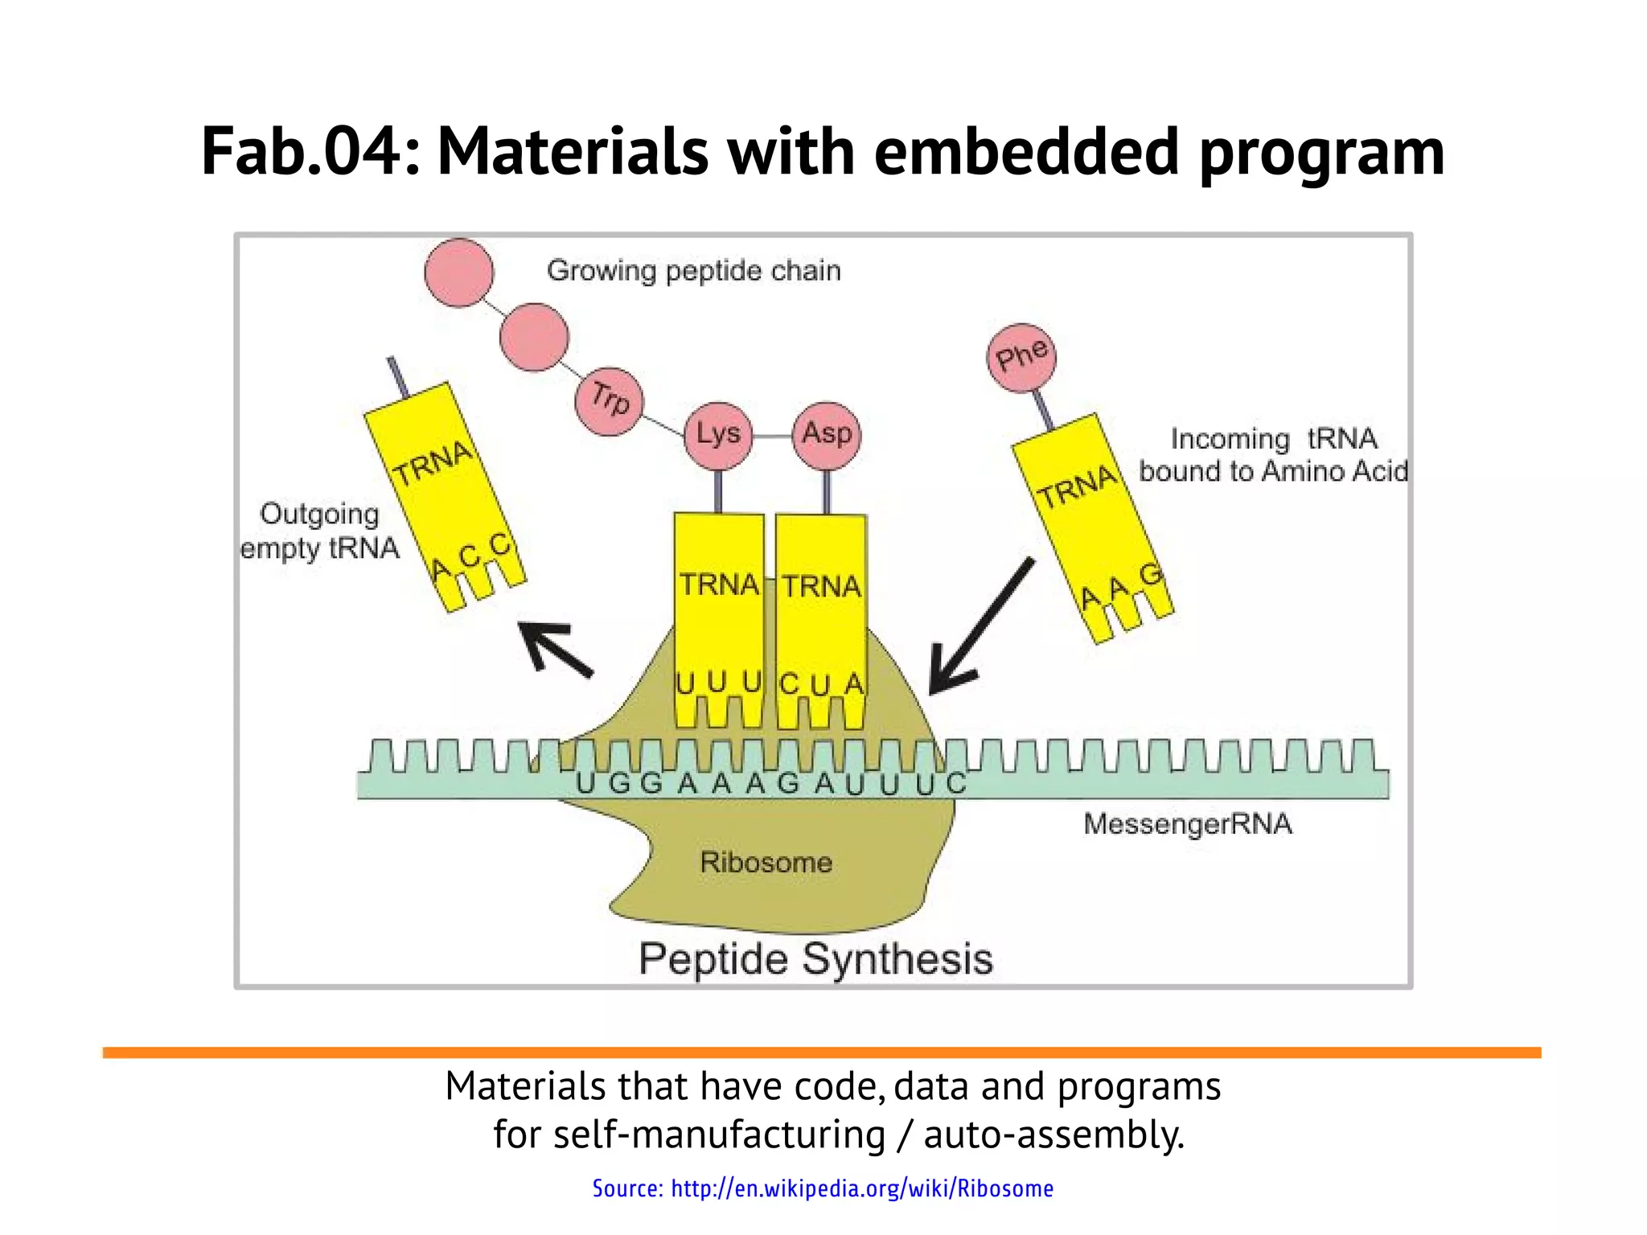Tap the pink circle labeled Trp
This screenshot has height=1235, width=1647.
[610, 401]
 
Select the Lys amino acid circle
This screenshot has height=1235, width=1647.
[717, 435]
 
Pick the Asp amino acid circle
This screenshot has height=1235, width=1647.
[827, 435]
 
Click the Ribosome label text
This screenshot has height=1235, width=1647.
[766, 863]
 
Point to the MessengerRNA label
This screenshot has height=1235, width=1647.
[1187, 824]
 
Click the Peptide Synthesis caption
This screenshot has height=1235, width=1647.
[815, 959]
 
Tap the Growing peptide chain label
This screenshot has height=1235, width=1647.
[693, 271]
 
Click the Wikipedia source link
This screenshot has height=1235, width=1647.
[823, 1188]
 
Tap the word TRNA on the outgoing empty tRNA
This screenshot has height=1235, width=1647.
[433, 463]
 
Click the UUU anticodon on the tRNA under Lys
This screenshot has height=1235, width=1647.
[718, 683]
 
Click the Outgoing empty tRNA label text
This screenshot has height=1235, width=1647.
[320, 531]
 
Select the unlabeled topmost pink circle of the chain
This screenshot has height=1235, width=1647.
[459, 273]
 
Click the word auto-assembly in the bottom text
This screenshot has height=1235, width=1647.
[1054, 1134]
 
